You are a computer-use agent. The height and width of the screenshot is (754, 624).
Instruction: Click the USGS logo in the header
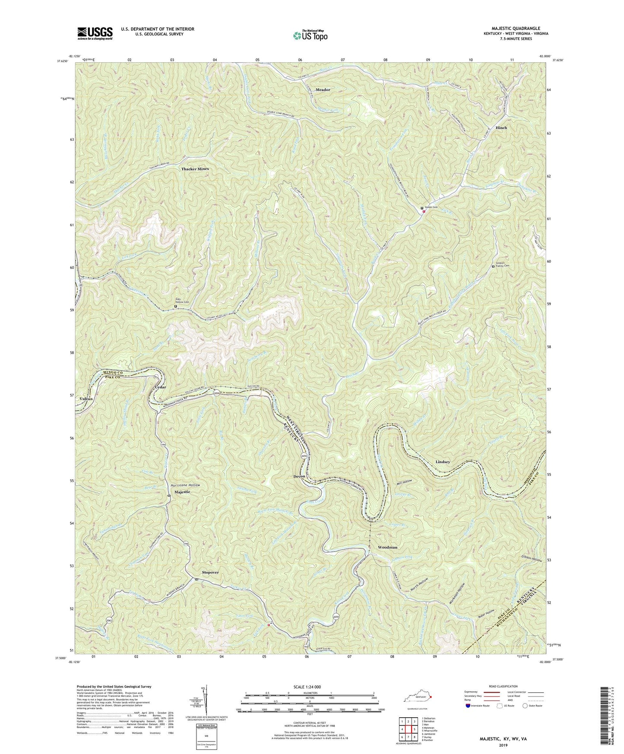coord(95,33)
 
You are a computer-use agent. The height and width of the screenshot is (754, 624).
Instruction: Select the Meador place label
coord(323,90)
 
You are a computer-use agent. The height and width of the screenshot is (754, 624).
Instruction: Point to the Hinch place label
coord(501,128)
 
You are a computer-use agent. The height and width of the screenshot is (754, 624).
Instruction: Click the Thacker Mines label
coord(195,169)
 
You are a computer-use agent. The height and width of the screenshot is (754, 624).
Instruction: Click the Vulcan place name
coord(86,399)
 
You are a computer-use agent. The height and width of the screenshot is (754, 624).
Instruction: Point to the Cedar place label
coord(161,387)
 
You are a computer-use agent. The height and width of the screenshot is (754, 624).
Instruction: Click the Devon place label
coord(299,476)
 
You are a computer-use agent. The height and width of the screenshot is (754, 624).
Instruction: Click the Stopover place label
coord(210,572)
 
